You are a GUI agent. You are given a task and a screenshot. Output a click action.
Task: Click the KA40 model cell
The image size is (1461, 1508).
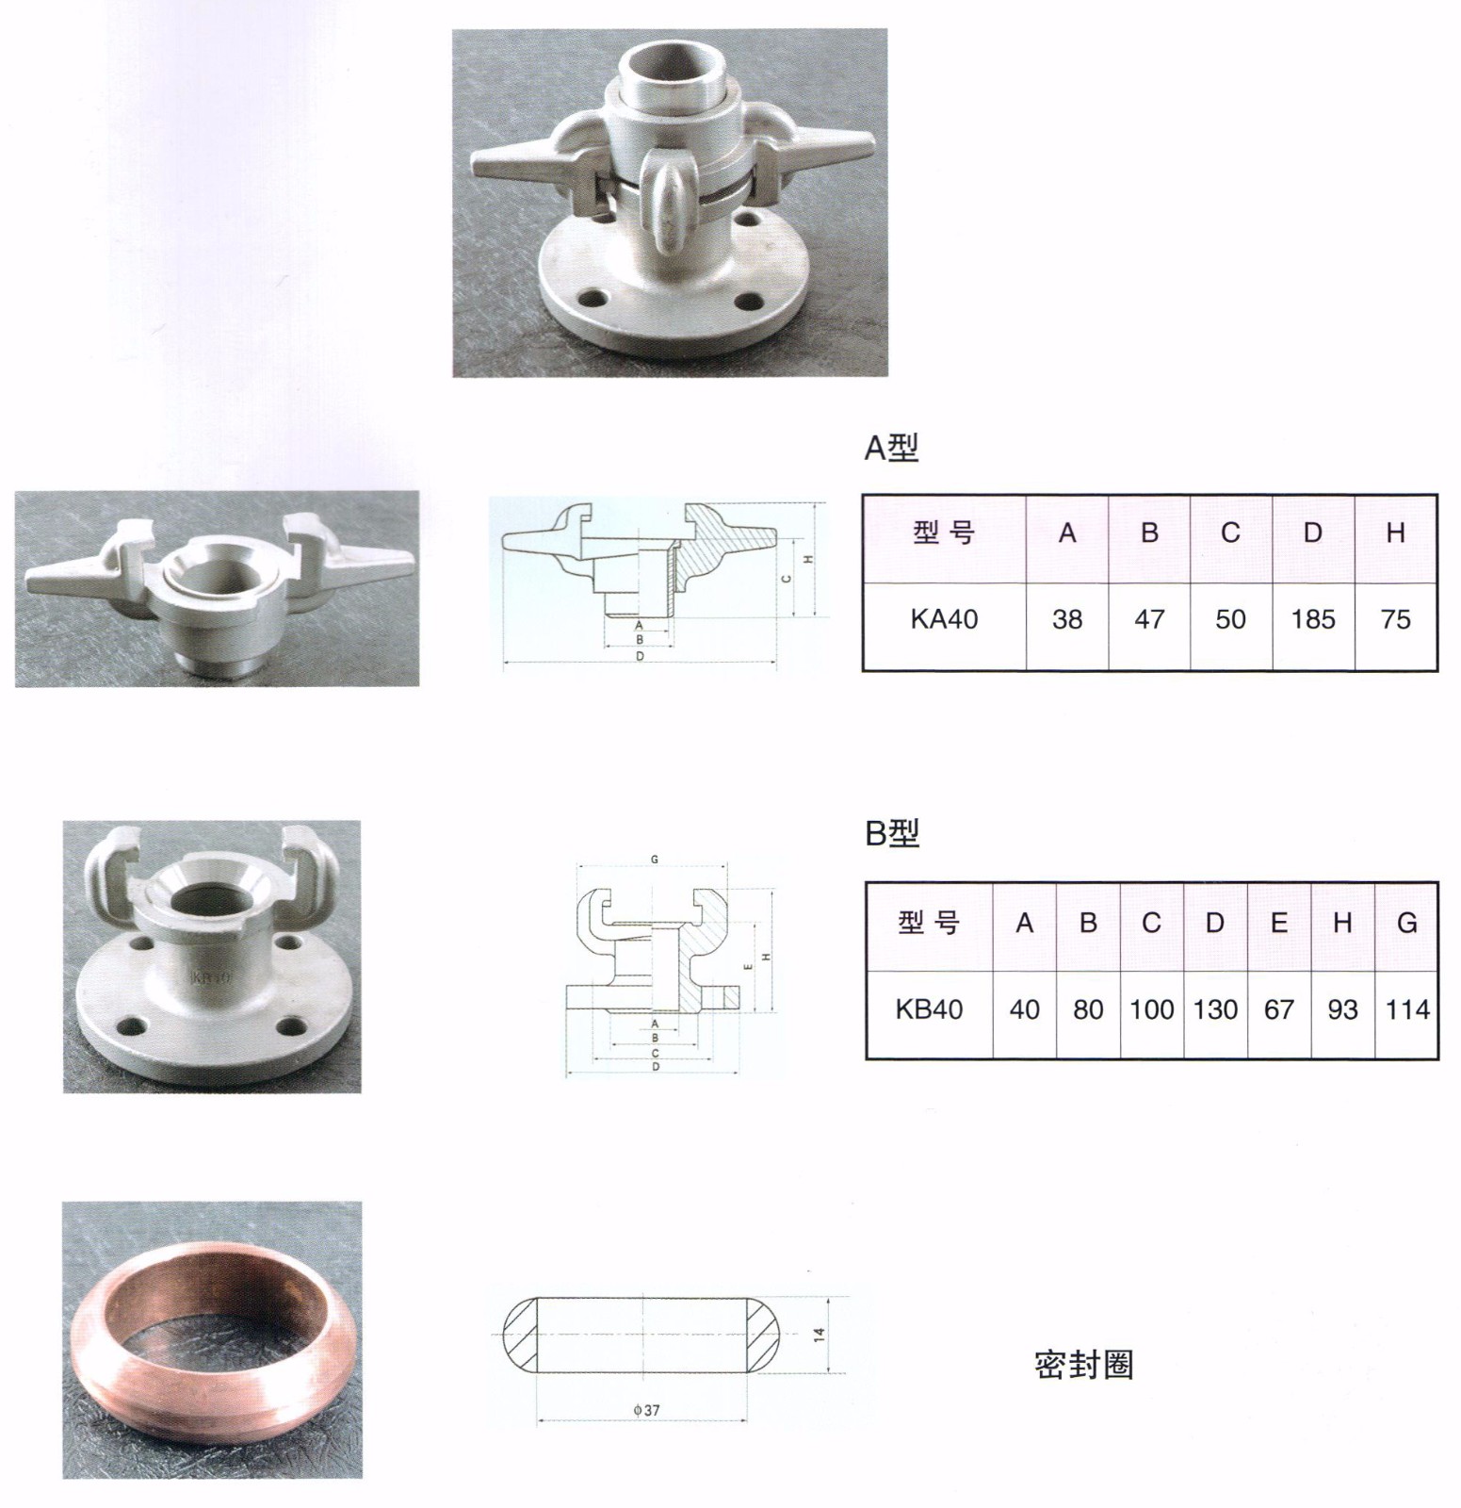pos(944,619)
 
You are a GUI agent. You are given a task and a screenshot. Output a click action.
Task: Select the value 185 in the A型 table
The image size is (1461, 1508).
pos(1313,619)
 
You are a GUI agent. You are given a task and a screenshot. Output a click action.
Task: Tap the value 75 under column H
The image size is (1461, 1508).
pos(1395,619)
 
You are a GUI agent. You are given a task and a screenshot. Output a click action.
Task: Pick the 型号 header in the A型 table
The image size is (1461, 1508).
pos(944,533)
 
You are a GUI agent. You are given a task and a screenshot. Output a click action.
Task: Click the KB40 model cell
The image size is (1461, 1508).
pos(929,1009)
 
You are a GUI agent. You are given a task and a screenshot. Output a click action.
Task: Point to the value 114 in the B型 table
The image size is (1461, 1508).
pos(1407,1009)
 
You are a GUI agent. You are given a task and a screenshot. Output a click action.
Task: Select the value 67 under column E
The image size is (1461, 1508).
pos(1279,1009)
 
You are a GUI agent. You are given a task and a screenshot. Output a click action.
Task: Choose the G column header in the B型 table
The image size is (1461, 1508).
pos(1407,923)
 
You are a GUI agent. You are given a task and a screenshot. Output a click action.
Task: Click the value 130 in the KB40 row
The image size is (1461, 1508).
pos(1215,1009)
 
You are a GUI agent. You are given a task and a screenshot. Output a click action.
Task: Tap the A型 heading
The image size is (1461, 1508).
pos(891,448)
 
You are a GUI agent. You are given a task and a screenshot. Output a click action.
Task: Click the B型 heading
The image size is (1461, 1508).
pos(892,833)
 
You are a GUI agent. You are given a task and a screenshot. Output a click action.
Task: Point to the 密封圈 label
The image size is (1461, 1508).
pos(1083,1365)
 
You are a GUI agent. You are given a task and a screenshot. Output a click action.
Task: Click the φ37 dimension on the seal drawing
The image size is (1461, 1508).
pos(646,1410)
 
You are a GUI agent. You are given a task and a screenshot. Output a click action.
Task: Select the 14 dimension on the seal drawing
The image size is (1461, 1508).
pos(820,1335)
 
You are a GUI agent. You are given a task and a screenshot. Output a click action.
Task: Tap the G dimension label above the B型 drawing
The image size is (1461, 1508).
pos(655,860)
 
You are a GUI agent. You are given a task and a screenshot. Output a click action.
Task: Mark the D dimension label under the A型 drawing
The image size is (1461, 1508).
pos(640,656)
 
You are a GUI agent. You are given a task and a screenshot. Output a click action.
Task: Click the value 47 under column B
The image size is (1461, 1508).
pos(1149,619)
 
